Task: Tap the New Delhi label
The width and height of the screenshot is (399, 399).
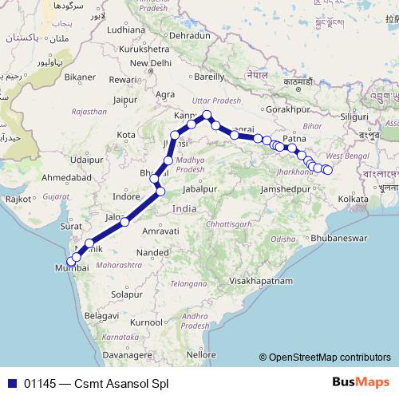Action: pyautogui.click(x=151, y=63)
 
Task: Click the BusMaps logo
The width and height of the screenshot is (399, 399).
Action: pyautogui.click(x=361, y=383)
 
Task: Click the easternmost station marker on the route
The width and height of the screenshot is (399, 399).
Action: pyautogui.click(x=327, y=170)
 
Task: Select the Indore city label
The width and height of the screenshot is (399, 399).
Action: pyautogui.click(x=127, y=196)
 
